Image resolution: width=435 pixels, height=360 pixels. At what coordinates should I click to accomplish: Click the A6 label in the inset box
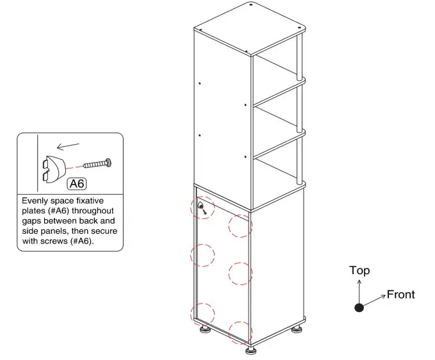tap(77, 184)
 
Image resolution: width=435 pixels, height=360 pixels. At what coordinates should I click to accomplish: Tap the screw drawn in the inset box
tap(96, 163)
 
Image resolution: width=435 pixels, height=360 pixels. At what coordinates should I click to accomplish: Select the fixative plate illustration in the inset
tap(52, 168)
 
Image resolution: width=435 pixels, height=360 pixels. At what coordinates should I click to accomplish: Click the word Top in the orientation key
tap(359, 271)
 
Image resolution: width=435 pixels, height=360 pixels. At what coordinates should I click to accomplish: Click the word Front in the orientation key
tap(401, 295)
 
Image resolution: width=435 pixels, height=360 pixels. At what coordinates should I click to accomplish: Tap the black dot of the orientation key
tap(359, 307)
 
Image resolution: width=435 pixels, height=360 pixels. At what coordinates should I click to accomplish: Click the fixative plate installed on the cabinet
tap(202, 206)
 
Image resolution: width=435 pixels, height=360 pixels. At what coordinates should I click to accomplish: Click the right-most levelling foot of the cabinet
tap(297, 330)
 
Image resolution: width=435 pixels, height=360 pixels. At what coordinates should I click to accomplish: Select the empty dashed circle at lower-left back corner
tap(203, 313)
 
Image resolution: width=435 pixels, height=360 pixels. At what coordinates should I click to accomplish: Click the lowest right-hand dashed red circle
tap(240, 332)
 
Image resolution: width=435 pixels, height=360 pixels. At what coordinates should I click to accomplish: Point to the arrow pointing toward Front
tap(375, 299)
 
